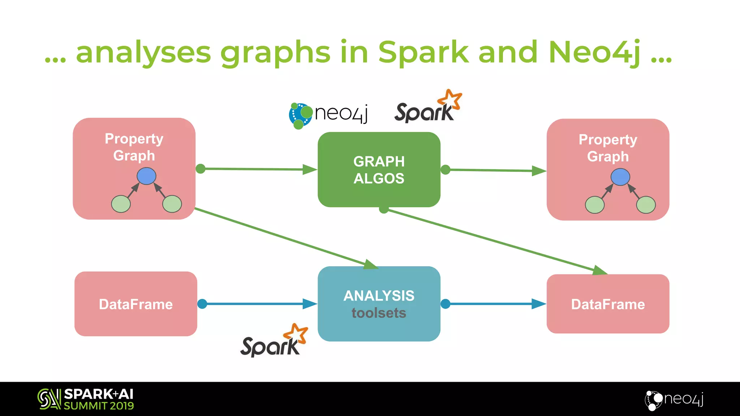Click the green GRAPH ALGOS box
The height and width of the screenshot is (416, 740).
[379, 169]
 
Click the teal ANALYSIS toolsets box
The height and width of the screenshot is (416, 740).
[379, 304]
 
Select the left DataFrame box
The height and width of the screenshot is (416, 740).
[135, 304]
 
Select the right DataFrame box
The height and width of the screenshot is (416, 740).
[608, 304]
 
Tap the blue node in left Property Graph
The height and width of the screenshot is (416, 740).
[146, 176]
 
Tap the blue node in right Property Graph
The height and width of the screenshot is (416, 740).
[620, 177]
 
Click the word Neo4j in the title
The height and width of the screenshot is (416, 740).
[595, 53]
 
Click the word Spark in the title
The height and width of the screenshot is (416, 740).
[423, 53]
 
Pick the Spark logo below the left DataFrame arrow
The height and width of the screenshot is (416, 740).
[274, 341]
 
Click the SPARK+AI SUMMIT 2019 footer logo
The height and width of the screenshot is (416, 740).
[86, 399]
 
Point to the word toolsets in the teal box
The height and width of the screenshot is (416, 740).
[379, 313]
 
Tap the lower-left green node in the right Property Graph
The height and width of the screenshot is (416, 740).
[594, 205]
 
